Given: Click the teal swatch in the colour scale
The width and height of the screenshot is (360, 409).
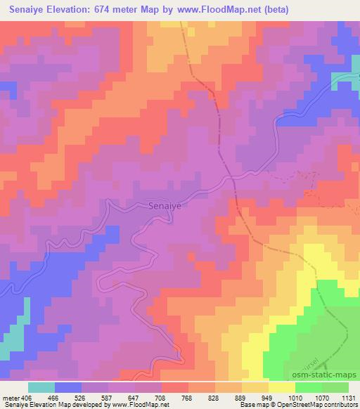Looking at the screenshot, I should coord(41,387).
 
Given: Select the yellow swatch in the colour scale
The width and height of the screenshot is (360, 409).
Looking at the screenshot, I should coord(281,387).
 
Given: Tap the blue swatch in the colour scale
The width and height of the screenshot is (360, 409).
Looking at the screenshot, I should coord(68,387).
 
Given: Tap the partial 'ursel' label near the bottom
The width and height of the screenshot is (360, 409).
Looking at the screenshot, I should coord(300,365).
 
